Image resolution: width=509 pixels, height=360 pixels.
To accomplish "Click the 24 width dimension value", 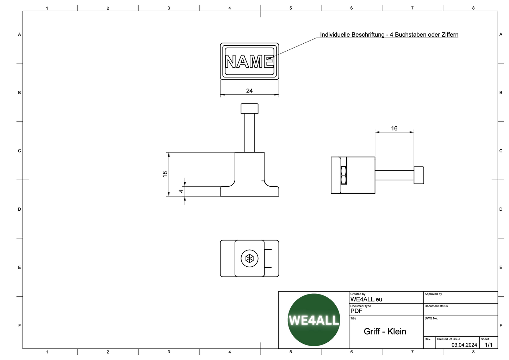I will (249, 91).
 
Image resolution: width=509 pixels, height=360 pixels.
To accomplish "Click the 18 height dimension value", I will (165, 174).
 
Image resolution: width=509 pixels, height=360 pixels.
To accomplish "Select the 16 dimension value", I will (394, 129).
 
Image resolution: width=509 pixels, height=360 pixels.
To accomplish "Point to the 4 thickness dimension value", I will (181, 191).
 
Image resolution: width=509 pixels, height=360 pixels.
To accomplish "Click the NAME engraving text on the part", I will (249, 62).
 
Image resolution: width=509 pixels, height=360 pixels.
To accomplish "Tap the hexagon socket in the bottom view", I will (249, 259).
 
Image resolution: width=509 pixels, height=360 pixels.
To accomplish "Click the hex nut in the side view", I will (344, 175).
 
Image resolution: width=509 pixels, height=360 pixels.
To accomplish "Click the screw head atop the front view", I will (249, 108).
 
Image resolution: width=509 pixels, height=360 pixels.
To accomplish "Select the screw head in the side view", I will (419, 175).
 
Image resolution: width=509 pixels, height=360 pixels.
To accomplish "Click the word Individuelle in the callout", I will (335, 35).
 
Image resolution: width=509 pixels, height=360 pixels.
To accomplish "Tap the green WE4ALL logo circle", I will (314, 320).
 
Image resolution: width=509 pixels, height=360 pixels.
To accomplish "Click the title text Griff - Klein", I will (385, 331).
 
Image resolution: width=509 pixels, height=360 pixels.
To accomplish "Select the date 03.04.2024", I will (464, 345).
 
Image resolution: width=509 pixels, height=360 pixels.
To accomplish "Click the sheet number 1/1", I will (489, 345).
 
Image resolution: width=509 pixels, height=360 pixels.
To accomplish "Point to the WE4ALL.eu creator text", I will (366, 299).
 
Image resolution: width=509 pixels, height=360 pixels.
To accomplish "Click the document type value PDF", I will (356, 311).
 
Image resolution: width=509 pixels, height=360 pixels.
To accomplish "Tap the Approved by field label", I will (433, 294).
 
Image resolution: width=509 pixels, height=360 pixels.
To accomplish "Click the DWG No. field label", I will (431, 318).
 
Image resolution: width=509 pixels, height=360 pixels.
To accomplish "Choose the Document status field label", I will (436, 306).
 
